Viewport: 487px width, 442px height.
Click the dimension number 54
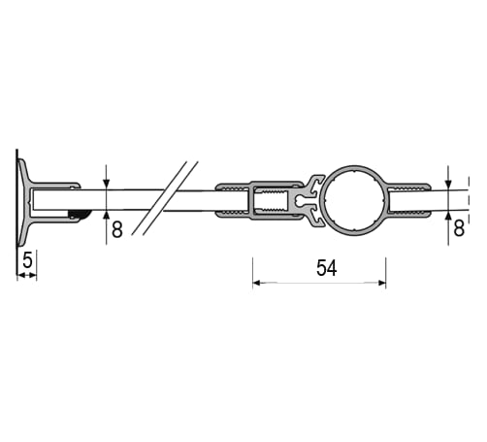326,268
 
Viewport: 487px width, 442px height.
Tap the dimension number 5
28,260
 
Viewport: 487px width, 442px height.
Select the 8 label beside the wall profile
117,229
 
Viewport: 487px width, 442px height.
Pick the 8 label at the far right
459,228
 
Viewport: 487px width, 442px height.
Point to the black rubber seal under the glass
80,214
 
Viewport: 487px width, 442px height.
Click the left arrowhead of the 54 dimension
256,283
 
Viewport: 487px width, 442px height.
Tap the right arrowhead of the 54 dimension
382,283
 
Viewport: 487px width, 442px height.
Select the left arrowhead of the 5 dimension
20,275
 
